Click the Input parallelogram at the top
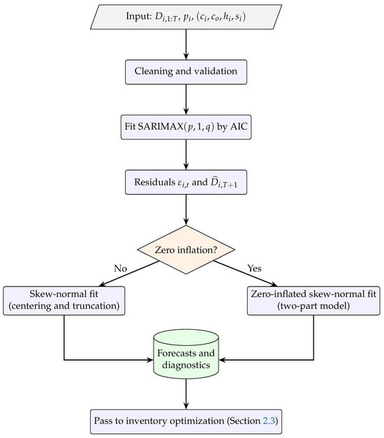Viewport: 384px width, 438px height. point(186,17)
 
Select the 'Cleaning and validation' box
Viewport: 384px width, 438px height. point(186,72)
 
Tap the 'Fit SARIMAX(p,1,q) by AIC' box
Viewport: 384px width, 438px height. point(186,127)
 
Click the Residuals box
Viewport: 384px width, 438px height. point(186,182)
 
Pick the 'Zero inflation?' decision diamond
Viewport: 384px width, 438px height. point(186,250)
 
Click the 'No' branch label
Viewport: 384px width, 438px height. point(121,269)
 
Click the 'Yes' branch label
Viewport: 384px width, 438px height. point(254,269)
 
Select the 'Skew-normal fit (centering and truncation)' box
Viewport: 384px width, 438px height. point(64,301)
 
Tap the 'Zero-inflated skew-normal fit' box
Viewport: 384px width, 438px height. point(313,301)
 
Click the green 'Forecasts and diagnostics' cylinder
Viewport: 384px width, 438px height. point(186,354)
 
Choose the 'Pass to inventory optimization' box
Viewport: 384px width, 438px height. point(186,421)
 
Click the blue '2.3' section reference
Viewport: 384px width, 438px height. point(269,421)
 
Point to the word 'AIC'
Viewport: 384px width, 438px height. point(239,126)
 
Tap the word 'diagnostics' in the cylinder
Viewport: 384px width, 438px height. point(186,365)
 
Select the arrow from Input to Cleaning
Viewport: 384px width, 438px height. point(186,45)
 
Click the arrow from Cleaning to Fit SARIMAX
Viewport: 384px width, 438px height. point(186,100)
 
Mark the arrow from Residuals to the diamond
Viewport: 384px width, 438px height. point(186,210)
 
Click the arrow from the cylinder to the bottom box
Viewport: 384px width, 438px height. point(186,394)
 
